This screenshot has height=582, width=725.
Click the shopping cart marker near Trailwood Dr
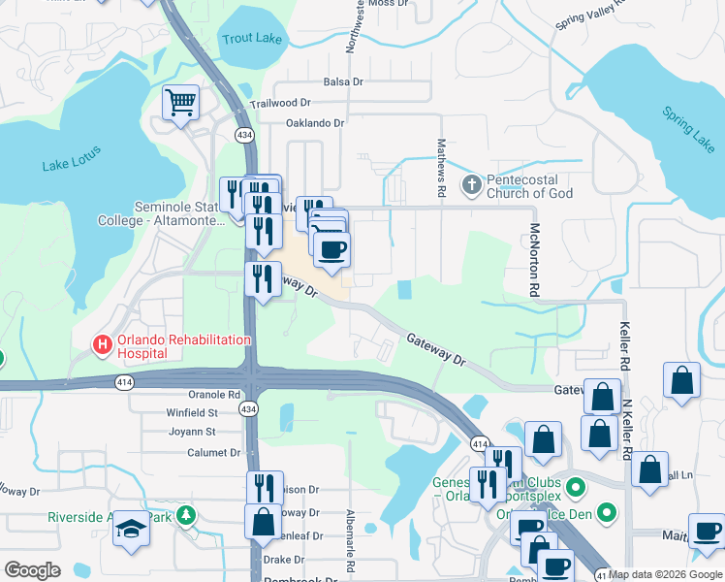point(180,101)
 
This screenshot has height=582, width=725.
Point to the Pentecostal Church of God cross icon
point(471,184)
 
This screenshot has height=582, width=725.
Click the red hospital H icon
point(102,343)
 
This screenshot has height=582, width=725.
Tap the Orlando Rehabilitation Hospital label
point(184,346)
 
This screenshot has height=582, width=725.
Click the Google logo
point(32,570)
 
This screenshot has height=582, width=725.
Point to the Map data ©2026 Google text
point(665,574)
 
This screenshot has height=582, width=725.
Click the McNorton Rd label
point(534,259)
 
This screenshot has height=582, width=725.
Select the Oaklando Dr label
point(315,123)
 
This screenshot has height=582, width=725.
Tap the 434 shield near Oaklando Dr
point(242,133)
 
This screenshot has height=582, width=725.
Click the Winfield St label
point(192,412)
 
